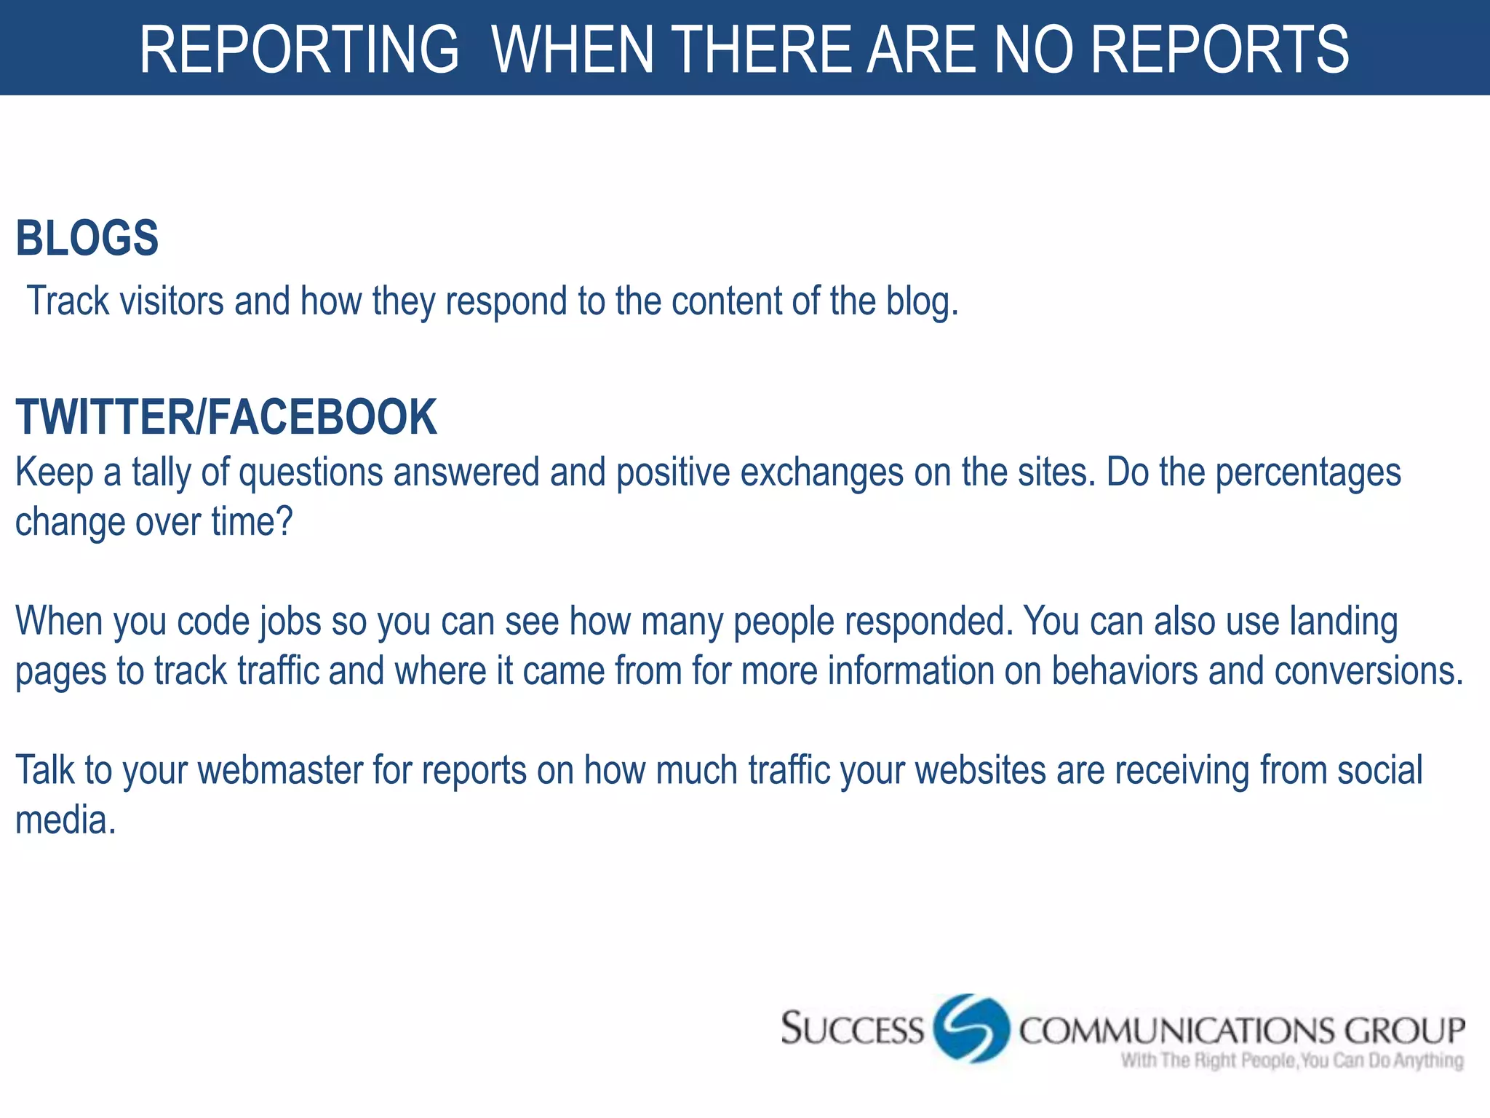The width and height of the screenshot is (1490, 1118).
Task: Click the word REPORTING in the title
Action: (x=299, y=49)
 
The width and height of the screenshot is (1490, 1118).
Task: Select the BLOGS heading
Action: (x=87, y=239)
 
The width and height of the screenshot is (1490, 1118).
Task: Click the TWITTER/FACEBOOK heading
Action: (x=226, y=418)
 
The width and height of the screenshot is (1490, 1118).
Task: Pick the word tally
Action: (x=161, y=472)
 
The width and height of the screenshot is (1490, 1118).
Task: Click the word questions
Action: (x=311, y=473)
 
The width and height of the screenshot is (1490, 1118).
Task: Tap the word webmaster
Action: (x=279, y=770)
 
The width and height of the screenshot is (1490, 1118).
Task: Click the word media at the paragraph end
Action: (x=65, y=820)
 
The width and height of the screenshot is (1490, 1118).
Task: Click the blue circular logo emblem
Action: (x=971, y=1028)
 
